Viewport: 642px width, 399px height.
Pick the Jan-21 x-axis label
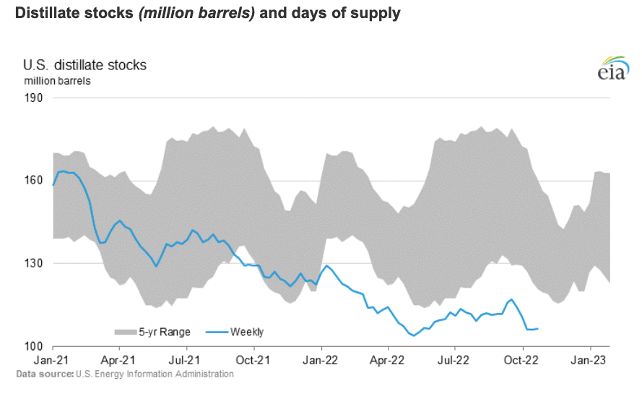[x=53, y=359]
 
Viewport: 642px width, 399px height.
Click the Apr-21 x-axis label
[x=119, y=359]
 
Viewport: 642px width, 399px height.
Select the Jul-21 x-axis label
[x=186, y=359]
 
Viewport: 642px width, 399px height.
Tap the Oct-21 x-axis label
[x=254, y=359]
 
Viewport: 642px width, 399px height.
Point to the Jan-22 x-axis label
[x=321, y=359]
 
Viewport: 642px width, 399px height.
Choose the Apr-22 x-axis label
[x=388, y=359]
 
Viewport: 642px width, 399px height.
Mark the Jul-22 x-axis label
[x=455, y=359]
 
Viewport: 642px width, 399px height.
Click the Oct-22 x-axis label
[x=523, y=359]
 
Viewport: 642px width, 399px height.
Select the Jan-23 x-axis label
[x=590, y=359]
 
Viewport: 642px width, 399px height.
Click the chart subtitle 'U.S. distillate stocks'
[x=85, y=65]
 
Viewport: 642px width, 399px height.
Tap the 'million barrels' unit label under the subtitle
[x=57, y=81]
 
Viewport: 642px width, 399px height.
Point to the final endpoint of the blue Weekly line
[x=538, y=329]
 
